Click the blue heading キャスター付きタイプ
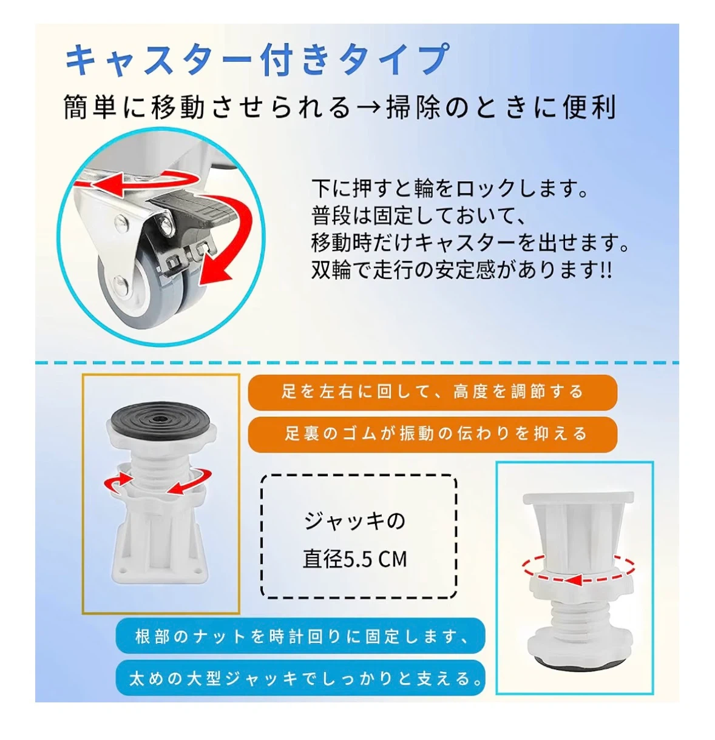point(257,59)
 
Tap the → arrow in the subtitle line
point(368,107)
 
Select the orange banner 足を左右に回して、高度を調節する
point(432,392)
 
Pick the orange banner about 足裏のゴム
point(432,434)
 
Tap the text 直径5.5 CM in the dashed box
point(355,559)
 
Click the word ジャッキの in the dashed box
point(355,522)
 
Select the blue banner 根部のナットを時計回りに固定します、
point(300,636)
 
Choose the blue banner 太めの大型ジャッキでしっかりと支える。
point(300,678)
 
